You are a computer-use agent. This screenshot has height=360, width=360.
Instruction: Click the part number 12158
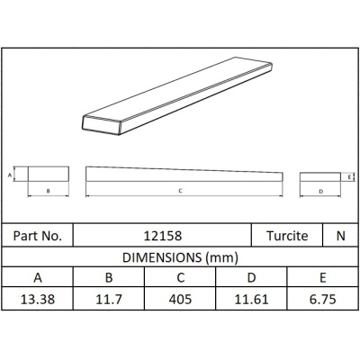pyautogui.click(x=163, y=236)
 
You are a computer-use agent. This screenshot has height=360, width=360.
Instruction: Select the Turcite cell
pyautogui.click(x=287, y=236)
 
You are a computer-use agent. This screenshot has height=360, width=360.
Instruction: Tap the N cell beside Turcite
pyautogui.click(x=341, y=236)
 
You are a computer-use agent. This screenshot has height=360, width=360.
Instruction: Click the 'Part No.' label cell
pyautogui.click(x=38, y=236)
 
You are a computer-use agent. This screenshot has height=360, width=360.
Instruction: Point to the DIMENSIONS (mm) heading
pyautogui.click(x=180, y=257)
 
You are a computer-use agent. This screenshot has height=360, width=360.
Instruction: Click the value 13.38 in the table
pyautogui.click(x=38, y=300)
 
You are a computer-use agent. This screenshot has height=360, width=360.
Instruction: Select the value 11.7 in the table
pyautogui.click(x=109, y=300)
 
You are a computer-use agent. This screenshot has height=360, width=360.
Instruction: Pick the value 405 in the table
pyautogui.click(x=180, y=300)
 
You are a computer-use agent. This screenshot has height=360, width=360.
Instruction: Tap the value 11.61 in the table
pyautogui.click(x=251, y=300)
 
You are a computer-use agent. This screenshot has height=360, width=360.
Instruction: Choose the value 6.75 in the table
pyautogui.click(x=322, y=300)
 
